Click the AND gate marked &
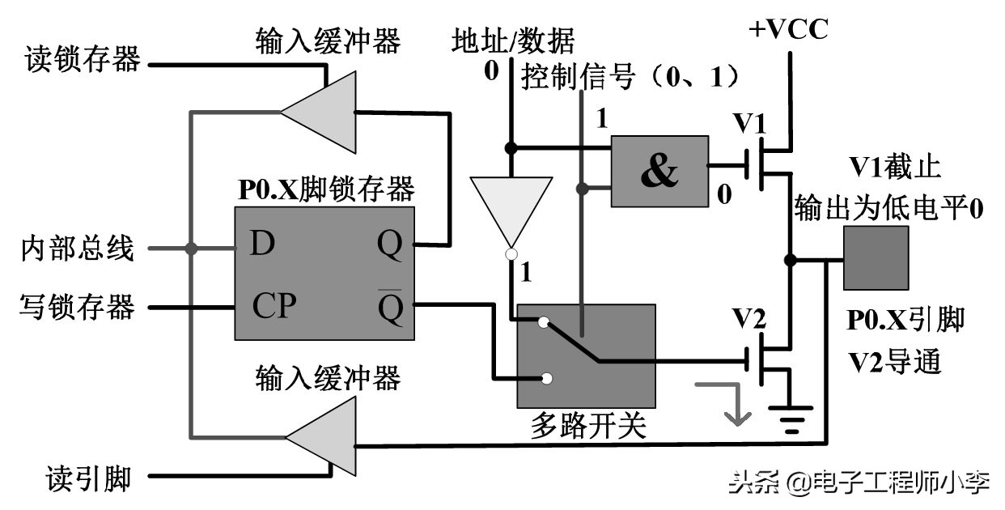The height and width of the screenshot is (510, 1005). point(659,171)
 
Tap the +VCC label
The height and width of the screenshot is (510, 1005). point(788,30)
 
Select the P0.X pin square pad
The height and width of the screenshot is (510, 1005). point(876,257)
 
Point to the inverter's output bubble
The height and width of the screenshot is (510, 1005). point(511,255)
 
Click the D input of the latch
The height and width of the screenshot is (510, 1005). point(261,244)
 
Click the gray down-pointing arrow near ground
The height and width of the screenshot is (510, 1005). point(732,405)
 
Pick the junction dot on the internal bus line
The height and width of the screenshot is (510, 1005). point(191,249)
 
